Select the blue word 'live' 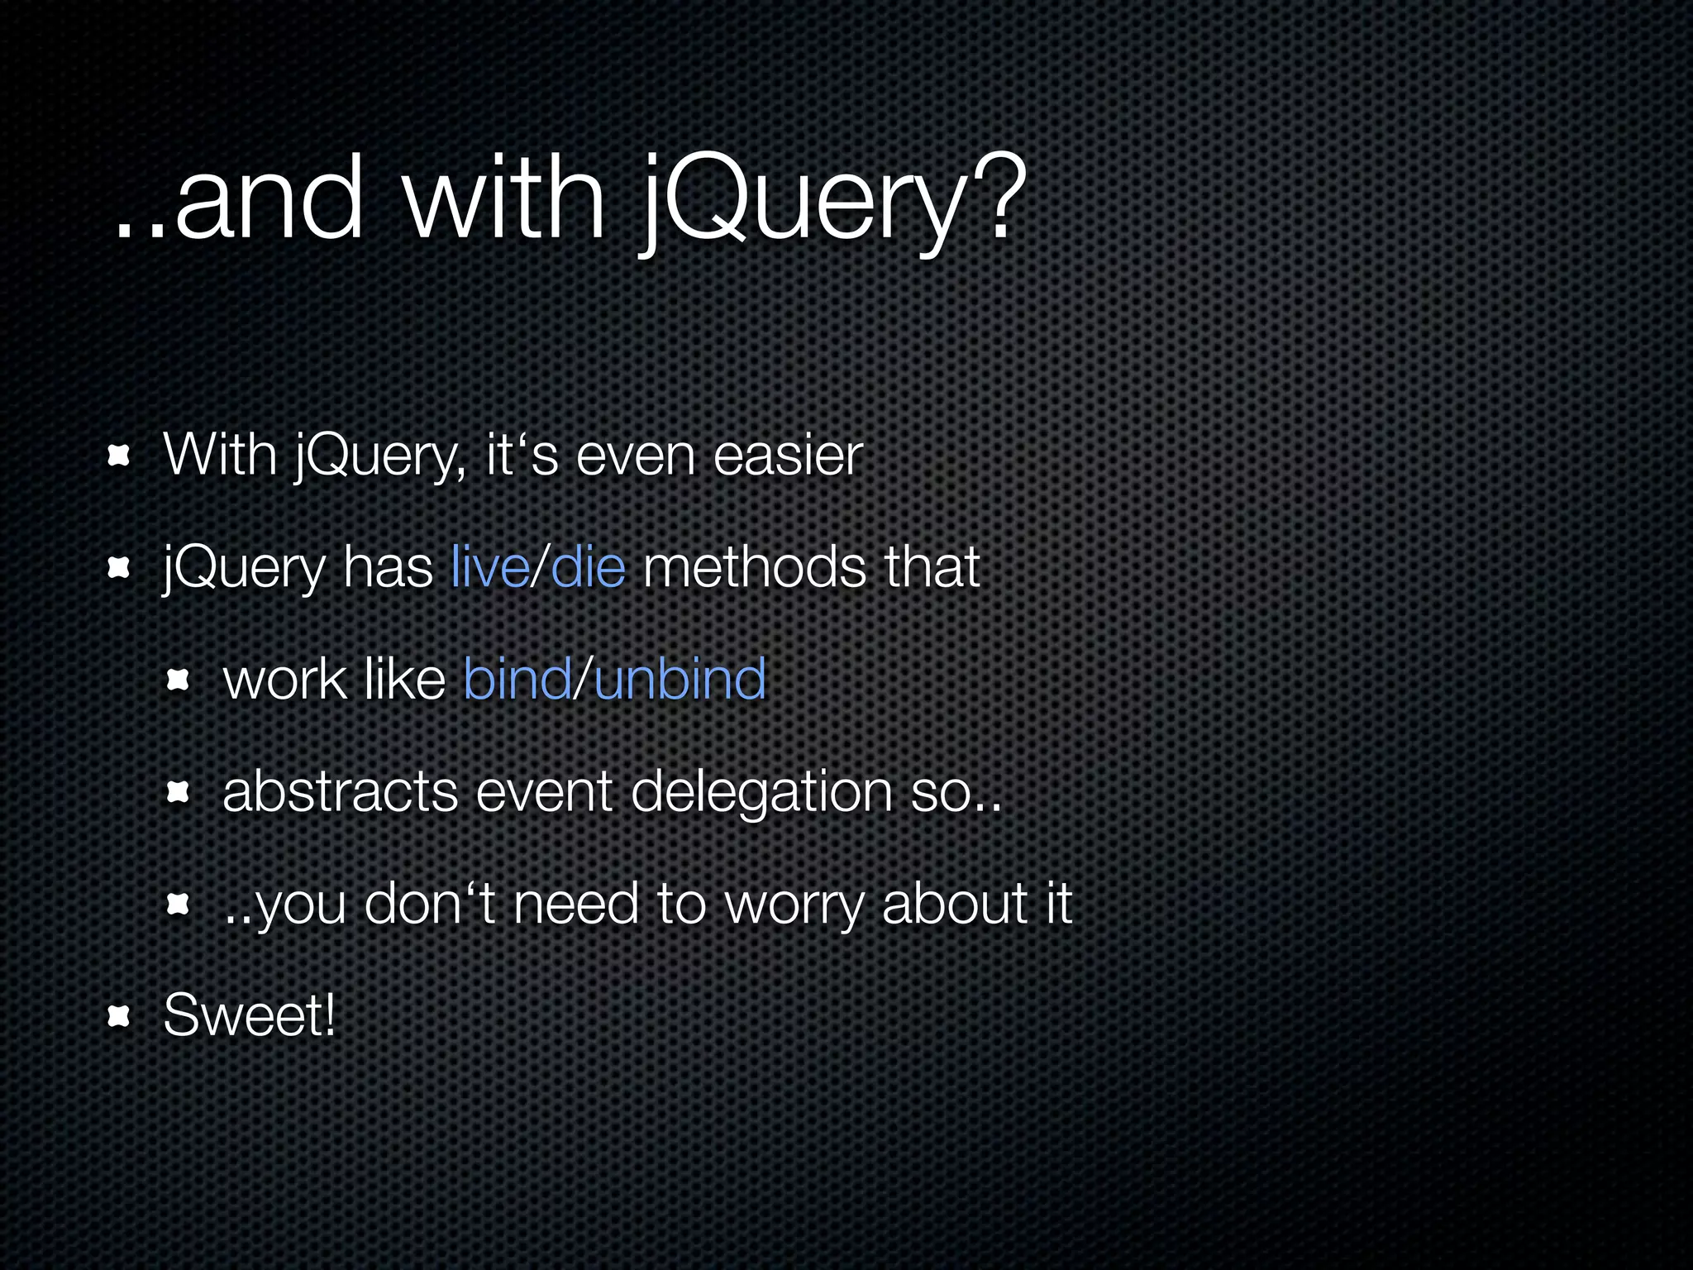click(x=490, y=568)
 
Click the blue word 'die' click(x=588, y=568)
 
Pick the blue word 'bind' click(x=517, y=680)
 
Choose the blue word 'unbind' click(x=680, y=680)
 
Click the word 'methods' click(x=754, y=568)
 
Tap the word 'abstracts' click(x=340, y=792)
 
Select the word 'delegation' click(x=761, y=792)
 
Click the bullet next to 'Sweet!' click(x=120, y=1016)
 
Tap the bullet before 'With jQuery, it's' click(x=120, y=456)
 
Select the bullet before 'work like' click(x=179, y=680)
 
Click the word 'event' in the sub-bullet click(x=544, y=792)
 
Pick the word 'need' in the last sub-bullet click(x=576, y=904)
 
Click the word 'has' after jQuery click(x=389, y=568)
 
